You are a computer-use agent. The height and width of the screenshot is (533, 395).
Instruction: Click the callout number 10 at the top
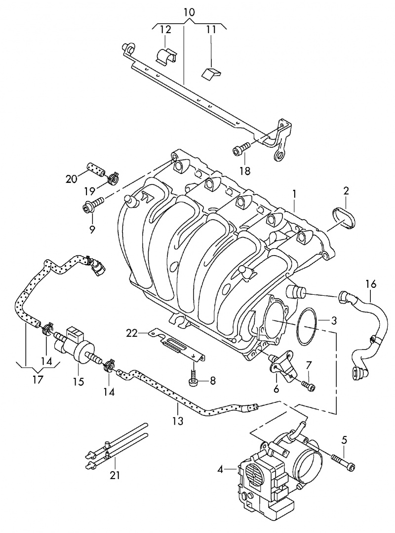(189, 11)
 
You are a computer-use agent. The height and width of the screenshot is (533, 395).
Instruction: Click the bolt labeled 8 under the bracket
(193, 379)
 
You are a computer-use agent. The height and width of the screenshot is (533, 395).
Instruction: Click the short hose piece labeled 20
(96, 168)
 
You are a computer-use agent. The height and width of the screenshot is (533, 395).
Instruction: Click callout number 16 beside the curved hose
(371, 284)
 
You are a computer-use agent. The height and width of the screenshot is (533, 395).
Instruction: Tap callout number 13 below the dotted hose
(178, 421)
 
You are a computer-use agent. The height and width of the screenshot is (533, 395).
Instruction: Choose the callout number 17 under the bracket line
(38, 380)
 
